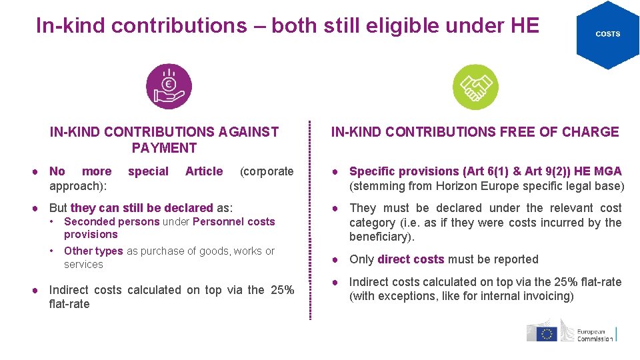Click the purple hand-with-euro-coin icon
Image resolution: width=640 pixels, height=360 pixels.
click(x=169, y=87)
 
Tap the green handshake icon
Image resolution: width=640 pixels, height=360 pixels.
click(x=475, y=87)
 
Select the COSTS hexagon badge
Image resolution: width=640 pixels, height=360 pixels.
click(x=607, y=34)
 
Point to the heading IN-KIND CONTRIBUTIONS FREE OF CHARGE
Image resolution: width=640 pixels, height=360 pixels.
click(x=475, y=132)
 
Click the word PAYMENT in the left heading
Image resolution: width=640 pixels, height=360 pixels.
click(x=164, y=148)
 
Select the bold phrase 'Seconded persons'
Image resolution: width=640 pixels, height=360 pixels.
click(x=111, y=222)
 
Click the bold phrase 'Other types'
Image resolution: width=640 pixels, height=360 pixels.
click(x=93, y=251)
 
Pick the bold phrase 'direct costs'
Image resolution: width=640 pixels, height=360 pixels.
click(x=411, y=259)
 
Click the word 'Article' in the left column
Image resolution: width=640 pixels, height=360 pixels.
click(x=204, y=171)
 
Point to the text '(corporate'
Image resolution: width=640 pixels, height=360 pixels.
click(x=267, y=171)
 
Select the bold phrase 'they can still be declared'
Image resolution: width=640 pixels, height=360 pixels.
click(x=141, y=208)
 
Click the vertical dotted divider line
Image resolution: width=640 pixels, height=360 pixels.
click(x=310, y=220)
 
